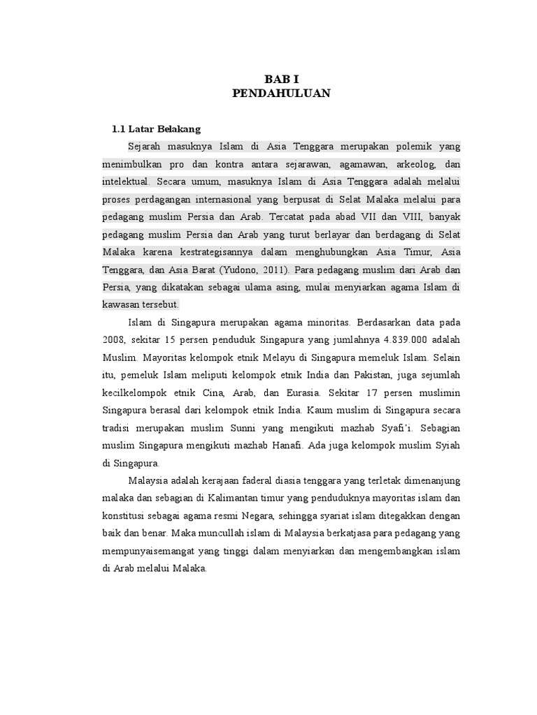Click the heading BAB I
(280, 80)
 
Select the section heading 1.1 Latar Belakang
(157, 129)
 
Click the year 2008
(113, 339)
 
